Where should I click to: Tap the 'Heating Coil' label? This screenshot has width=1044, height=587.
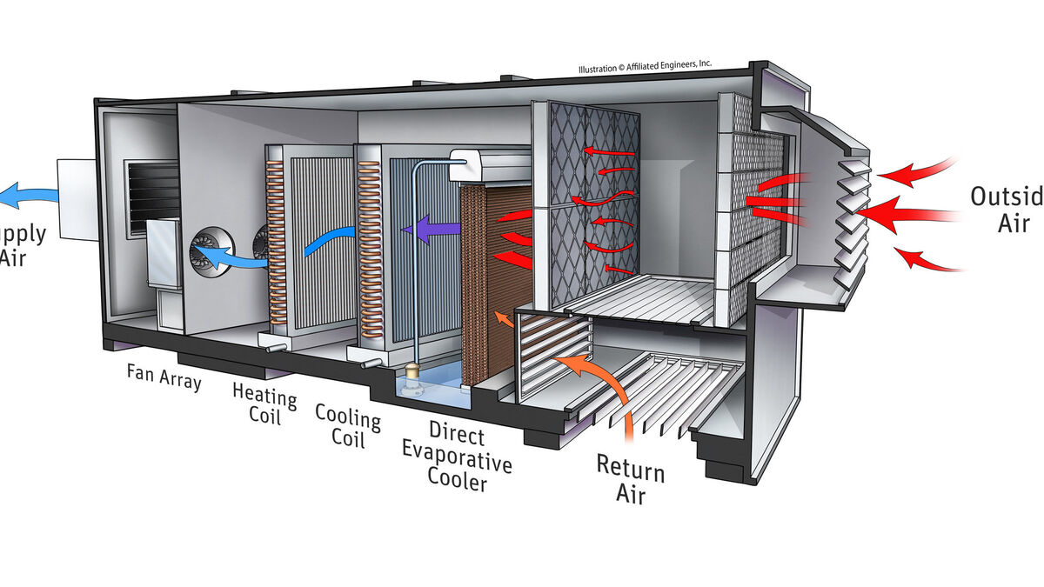click(x=264, y=404)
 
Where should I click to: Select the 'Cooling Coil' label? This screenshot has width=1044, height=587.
click(x=348, y=424)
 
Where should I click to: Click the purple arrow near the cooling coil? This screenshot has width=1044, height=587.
click(x=425, y=230)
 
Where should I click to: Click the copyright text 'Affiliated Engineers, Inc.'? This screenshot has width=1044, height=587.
click(x=645, y=66)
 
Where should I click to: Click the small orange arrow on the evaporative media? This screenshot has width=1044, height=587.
click(x=502, y=319)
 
